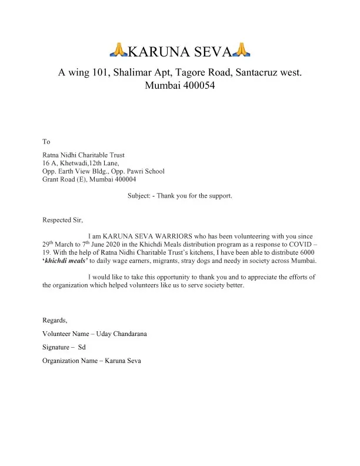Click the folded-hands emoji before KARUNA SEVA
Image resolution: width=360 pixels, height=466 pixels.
(119, 52)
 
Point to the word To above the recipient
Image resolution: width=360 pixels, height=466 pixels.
(46, 142)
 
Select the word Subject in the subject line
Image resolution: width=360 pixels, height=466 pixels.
(139, 195)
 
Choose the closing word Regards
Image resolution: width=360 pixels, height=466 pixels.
(55, 320)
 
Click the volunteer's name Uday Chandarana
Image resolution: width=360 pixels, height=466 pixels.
(120, 334)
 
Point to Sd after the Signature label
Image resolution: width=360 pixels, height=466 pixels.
(82, 347)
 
